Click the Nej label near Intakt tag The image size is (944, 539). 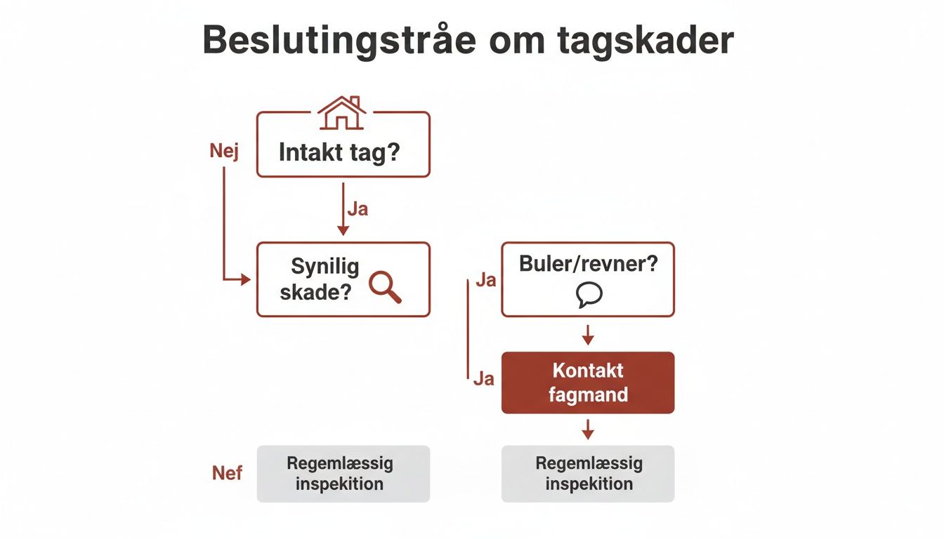click(x=224, y=152)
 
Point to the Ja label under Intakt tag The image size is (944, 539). click(x=358, y=209)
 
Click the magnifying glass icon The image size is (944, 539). click(x=385, y=286)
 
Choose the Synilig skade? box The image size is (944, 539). click(x=343, y=279)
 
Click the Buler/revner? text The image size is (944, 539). click(x=589, y=264)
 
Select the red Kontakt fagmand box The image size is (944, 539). click(x=588, y=382)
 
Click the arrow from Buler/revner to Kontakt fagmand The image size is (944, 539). click(x=589, y=335)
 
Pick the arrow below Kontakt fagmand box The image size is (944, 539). click(x=589, y=430)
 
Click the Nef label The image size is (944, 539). click(x=227, y=473)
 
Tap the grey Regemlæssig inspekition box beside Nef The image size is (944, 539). click(x=343, y=474)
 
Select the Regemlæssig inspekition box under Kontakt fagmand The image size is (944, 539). click(x=588, y=474)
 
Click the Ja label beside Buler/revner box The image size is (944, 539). click(x=485, y=281)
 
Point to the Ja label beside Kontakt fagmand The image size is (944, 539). click(x=483, y=379)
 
